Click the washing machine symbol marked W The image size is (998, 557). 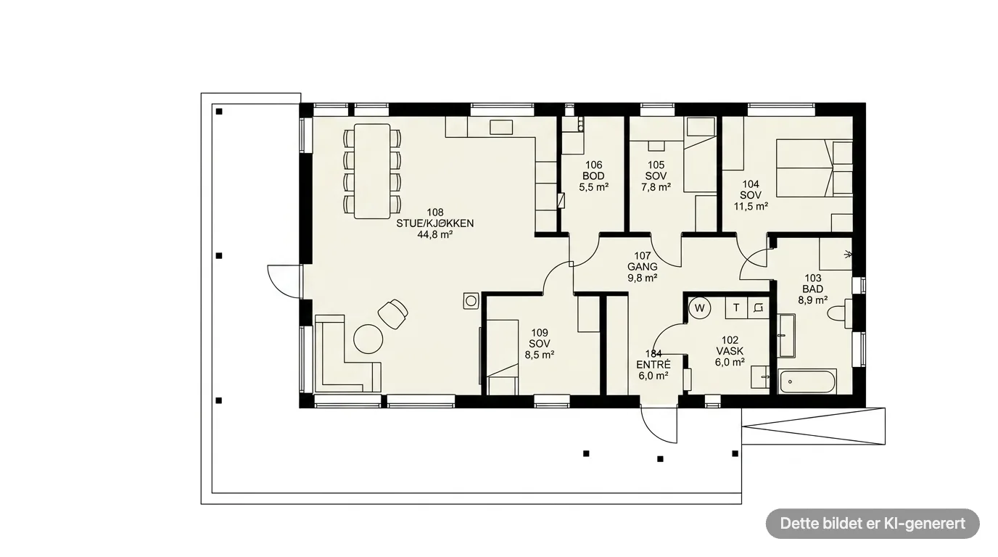pos(699,308)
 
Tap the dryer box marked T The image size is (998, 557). pos(736,308)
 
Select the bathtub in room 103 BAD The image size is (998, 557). pos(807,381)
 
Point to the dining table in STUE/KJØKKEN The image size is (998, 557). pos(372,171)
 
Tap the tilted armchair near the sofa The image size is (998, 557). pos(393,314)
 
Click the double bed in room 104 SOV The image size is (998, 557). pos(815,168)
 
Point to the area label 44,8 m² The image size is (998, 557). pos(435,234)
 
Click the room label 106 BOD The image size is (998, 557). pos(593,170)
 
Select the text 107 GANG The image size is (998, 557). pos(643,261)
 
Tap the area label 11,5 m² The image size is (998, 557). pos(751,206)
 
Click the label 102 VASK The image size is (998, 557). pos(730,345)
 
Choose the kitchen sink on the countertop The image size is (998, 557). pos(500,127)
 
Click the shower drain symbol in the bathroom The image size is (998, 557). pos(847,255)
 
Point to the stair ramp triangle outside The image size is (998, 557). pos(814,426)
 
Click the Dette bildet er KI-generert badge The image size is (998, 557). pos(873,523)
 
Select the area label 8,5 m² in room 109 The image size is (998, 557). pos(539,355)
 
